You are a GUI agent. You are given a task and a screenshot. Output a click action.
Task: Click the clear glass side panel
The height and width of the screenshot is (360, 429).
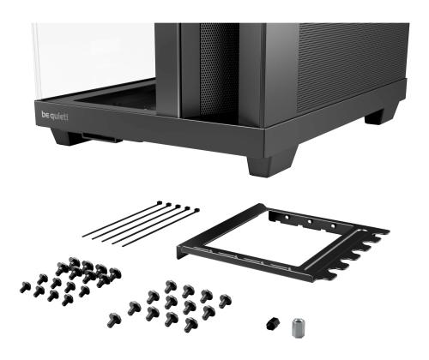(x=90, y=60)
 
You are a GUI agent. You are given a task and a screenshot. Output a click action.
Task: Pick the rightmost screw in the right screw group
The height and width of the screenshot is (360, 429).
(x=224, y=300)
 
